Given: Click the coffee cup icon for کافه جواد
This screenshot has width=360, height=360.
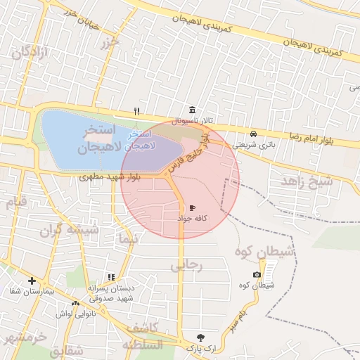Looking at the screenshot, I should pos(193,208).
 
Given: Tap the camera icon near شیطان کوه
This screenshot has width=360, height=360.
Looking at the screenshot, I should pos(257,274).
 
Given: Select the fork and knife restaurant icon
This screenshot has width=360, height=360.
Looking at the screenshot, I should pos(137,111).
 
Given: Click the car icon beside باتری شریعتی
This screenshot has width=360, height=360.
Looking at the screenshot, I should pos(253,134).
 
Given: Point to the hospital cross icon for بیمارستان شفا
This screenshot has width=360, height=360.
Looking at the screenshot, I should pos(32,281).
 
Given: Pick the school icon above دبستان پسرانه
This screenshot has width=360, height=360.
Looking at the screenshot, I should pos(110,278).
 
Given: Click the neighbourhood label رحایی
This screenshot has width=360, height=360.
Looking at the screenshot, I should pos(186,265).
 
